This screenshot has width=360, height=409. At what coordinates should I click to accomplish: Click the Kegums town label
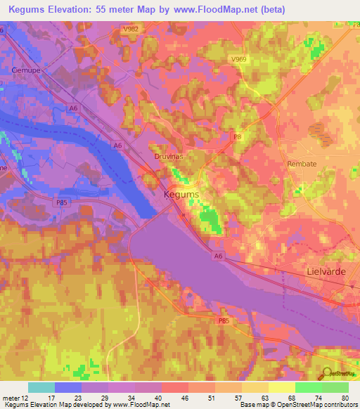(181, 194)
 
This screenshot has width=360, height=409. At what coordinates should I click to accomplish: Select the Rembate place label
(302, 164)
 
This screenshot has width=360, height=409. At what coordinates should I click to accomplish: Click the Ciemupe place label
(25, 70)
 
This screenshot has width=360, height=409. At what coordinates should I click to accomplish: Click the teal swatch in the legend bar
(41, 387)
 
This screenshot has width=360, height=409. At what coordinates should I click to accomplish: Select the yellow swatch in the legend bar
(281, 387)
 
